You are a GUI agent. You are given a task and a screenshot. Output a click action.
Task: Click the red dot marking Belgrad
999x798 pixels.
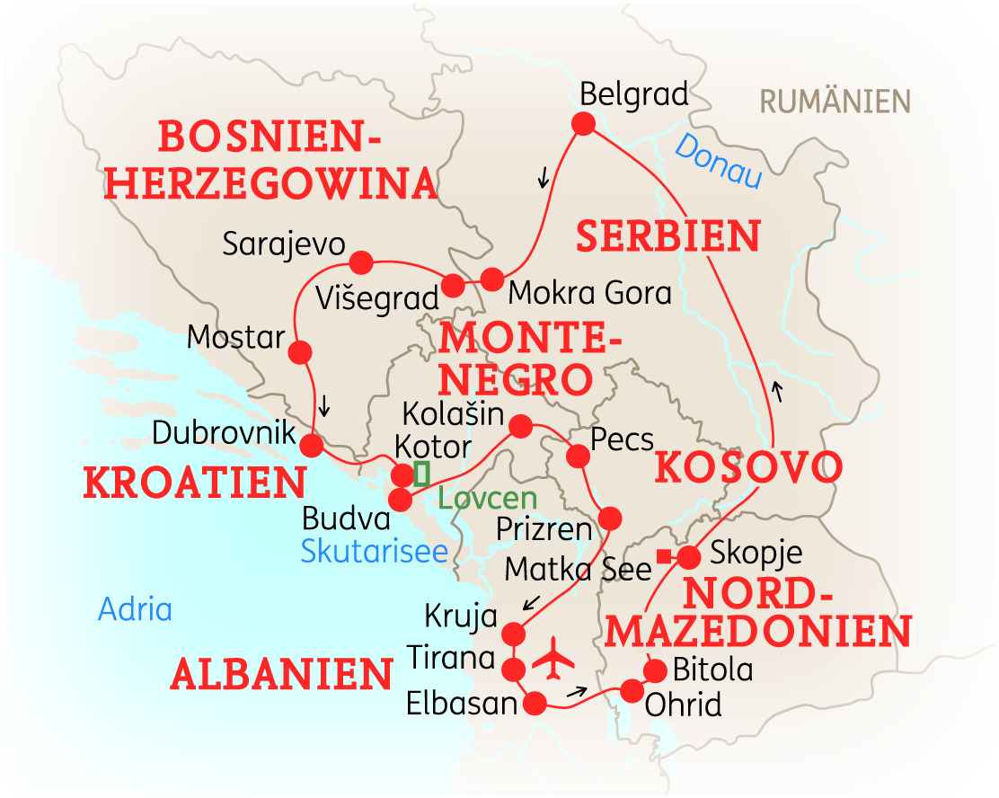tap(584, 124)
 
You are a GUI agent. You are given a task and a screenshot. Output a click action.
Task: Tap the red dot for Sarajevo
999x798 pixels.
tap(360, 262)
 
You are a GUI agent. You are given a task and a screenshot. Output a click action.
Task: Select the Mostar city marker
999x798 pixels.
tap(300, 351)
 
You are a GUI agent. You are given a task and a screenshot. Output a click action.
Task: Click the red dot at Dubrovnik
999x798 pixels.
tap(311, 446)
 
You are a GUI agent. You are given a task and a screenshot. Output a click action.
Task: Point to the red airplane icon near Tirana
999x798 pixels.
tap(553, 659)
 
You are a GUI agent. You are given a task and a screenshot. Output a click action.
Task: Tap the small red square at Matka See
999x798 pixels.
tap(663, 557)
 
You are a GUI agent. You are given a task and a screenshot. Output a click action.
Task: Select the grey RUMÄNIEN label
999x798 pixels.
tap(835, 101)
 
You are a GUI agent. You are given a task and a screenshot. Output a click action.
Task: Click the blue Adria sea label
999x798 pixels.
tap(135, 609)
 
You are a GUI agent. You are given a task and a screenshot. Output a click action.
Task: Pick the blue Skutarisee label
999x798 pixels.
tap(374, 551)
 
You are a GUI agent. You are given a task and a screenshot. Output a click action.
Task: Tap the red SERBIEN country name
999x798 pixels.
tap(668, 236)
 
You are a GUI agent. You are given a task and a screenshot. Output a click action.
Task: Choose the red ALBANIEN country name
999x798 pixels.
tap(281, 673)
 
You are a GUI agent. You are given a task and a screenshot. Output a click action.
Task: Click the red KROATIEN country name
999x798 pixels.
tap(195, 483)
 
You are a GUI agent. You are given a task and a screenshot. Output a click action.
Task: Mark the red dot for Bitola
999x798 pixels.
tap(656, 670)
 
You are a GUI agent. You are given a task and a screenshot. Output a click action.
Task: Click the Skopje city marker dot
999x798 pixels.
tap(688, 557)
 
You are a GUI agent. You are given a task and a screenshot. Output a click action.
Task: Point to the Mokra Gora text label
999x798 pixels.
tap(589, 293)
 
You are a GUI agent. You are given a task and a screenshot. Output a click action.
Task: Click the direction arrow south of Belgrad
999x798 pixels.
tap(542, 179)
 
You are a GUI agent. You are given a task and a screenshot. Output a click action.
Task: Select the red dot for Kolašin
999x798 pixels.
tap(519, 424)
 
